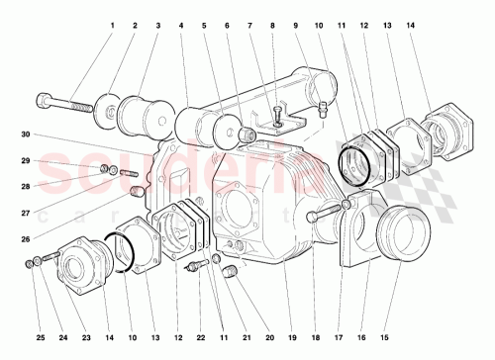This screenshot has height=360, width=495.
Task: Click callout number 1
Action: click(112, 26)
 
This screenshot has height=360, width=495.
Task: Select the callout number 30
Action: click(29, 135)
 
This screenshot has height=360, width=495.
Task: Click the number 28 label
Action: click(29, 184)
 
